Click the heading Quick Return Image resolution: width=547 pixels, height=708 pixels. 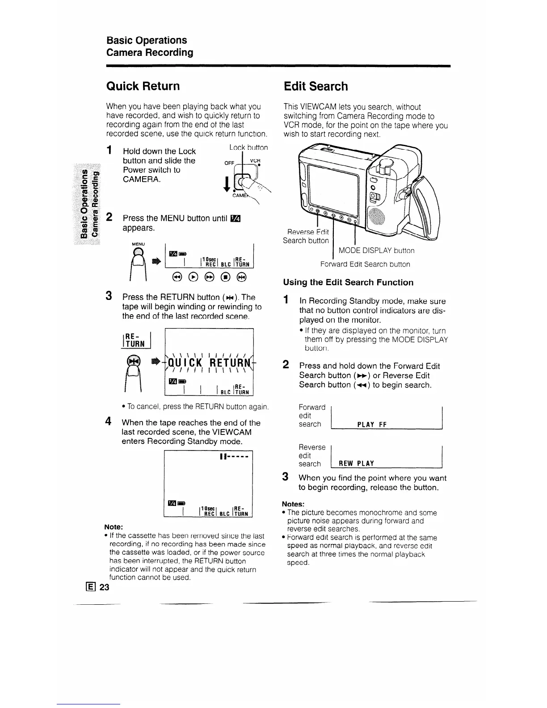(143, 86)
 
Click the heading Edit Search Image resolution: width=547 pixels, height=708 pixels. (316, 86)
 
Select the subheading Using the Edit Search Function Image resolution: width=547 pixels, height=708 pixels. (348, 282)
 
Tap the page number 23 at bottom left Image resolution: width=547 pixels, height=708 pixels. (104, 587)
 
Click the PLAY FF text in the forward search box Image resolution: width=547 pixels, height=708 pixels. (372, 425)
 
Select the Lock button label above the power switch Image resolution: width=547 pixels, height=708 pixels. (248, 147)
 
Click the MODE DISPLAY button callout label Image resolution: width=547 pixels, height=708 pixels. (376, 251)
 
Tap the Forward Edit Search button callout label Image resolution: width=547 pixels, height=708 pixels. (365, 264)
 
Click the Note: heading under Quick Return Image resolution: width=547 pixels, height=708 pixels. (114, 527)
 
